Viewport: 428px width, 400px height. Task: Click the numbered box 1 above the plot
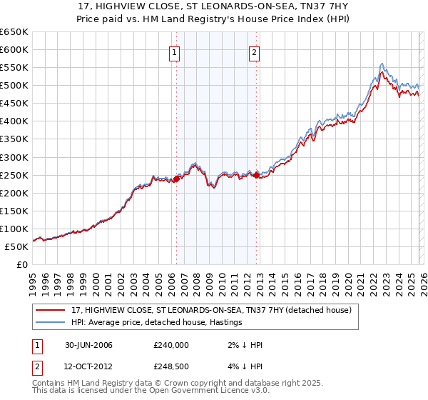point(175,51)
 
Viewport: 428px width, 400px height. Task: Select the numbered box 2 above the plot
point(255,51)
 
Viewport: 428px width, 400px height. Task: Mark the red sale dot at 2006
point(177,179)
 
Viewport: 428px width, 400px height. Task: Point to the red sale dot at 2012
point(256,176)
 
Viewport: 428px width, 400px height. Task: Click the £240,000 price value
point(171,345)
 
